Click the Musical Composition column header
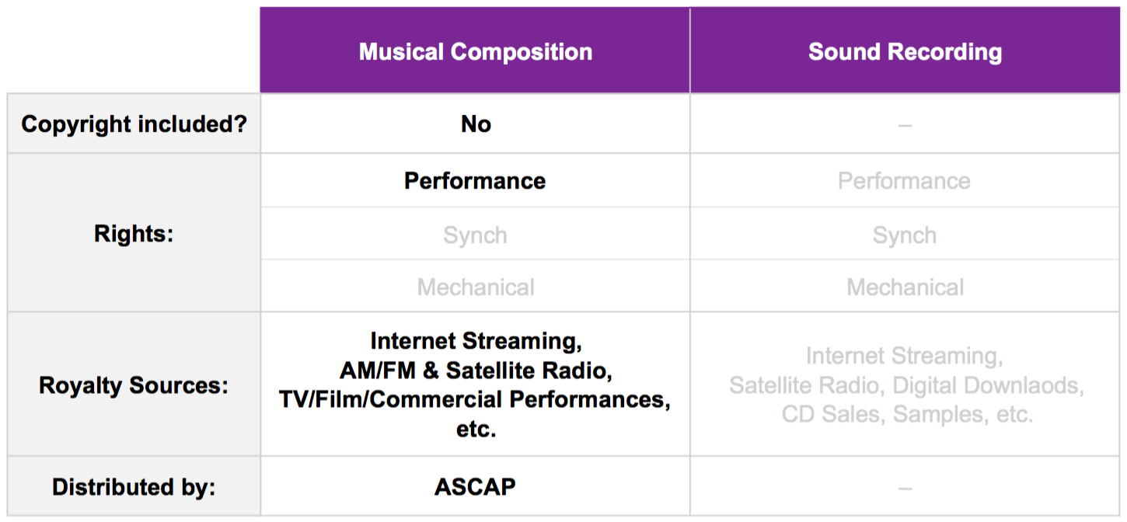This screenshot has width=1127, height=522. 475,52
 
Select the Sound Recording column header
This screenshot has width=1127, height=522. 905,52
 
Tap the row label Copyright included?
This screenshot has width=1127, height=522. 134,124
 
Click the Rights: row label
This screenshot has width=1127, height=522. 134,234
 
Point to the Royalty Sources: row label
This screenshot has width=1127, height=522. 134,385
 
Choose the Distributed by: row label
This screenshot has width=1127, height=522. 134,487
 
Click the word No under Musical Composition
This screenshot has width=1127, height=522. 476,124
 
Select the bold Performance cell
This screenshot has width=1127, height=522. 475,181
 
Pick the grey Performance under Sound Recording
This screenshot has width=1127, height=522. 904,181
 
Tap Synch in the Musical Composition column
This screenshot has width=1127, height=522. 475,235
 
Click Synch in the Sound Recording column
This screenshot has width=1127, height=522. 904,235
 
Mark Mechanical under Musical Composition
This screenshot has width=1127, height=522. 476,287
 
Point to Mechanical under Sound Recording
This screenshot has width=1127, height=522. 905,287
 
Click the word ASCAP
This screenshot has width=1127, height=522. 475,487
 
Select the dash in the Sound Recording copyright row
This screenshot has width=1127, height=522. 905,125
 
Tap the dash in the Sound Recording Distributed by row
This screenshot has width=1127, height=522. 905,488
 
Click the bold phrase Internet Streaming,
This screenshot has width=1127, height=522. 476,341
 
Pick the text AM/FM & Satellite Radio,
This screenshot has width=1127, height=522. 475,371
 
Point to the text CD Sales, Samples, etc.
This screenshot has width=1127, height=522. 907,414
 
